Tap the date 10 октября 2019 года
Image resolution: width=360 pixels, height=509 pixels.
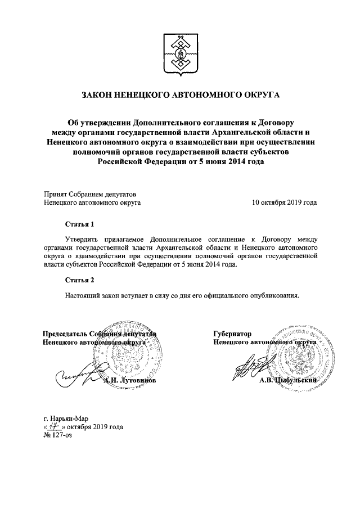pos(284,202)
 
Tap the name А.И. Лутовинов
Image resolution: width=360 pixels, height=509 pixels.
pos(130,380)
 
